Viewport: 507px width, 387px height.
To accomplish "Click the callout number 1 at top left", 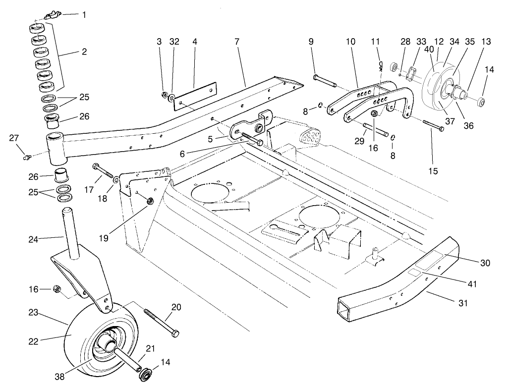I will (x=84, y=15).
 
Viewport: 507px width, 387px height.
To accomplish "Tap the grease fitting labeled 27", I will (x=28, y=157).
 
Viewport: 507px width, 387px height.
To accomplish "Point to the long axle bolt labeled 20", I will (x=161, y=322).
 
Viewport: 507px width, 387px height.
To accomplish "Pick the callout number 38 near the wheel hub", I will (x=60, y=376).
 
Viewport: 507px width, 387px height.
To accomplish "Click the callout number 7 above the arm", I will (x=237, y=42).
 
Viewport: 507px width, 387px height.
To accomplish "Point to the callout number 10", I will (x=350, y=42).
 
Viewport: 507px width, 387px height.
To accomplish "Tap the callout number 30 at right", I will (x=485, y=263).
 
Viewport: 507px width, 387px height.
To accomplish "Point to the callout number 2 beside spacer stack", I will (x=84, y=52).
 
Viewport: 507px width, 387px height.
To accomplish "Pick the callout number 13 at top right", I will (x=486, y=42).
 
